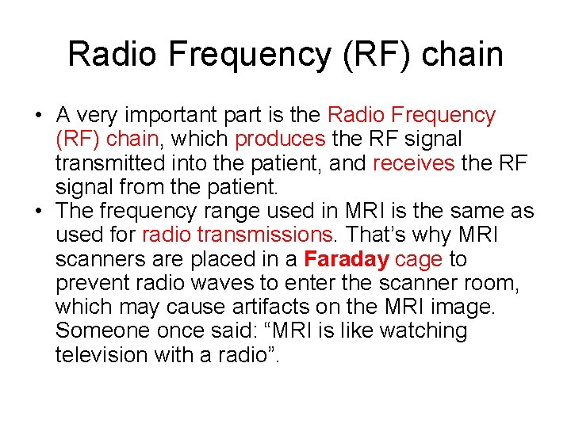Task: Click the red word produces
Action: point(280,139)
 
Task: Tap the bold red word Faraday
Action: point(346,259)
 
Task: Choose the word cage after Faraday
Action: point(420,259)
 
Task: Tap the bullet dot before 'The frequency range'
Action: point(39,212)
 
